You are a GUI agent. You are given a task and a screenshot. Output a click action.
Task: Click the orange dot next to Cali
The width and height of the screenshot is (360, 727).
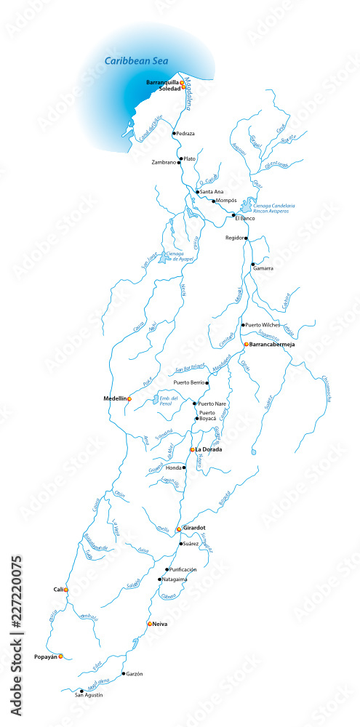pos(66,590)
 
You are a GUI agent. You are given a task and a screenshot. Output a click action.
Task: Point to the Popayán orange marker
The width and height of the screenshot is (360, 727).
pos(60,656)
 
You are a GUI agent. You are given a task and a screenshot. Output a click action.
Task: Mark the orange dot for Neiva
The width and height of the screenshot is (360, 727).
pos(150,624)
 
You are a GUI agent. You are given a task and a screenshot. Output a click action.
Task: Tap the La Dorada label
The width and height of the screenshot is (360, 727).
pos(209,450)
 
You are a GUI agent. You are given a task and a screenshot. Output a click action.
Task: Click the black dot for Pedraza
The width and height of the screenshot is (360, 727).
pos(174,134)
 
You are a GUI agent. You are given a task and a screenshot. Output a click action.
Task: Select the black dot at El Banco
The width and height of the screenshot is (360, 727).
pos(234,215)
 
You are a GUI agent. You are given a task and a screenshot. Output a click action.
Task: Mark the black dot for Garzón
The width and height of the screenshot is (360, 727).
pos(124,674)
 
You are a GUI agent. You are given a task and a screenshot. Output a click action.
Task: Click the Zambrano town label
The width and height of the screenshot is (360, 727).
pos(164,162)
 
